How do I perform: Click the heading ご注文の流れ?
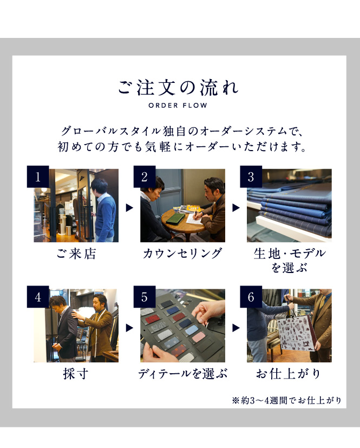pos(178,87)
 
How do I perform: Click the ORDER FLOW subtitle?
pos(178,106)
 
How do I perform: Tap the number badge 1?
pos(38,177)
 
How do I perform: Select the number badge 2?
pos(145,177)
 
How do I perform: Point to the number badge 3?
pos(251,177)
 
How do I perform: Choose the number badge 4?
pos(38,297)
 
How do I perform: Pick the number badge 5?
pos(145,297)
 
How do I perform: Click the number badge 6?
pos(251,297)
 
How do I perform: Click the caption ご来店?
pos(76,254)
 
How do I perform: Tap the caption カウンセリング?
pos(182,254)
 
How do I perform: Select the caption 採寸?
pos(76,374)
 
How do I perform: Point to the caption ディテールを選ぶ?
pos(183,374)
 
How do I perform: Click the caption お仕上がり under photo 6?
pos(289,374)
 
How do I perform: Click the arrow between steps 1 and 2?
pos(129,207)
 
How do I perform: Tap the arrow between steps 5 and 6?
pos(236,328)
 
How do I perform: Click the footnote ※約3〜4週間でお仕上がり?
pos(286,400)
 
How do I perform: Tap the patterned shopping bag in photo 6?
pos(296,334)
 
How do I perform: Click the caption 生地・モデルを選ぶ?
pos(289,261)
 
